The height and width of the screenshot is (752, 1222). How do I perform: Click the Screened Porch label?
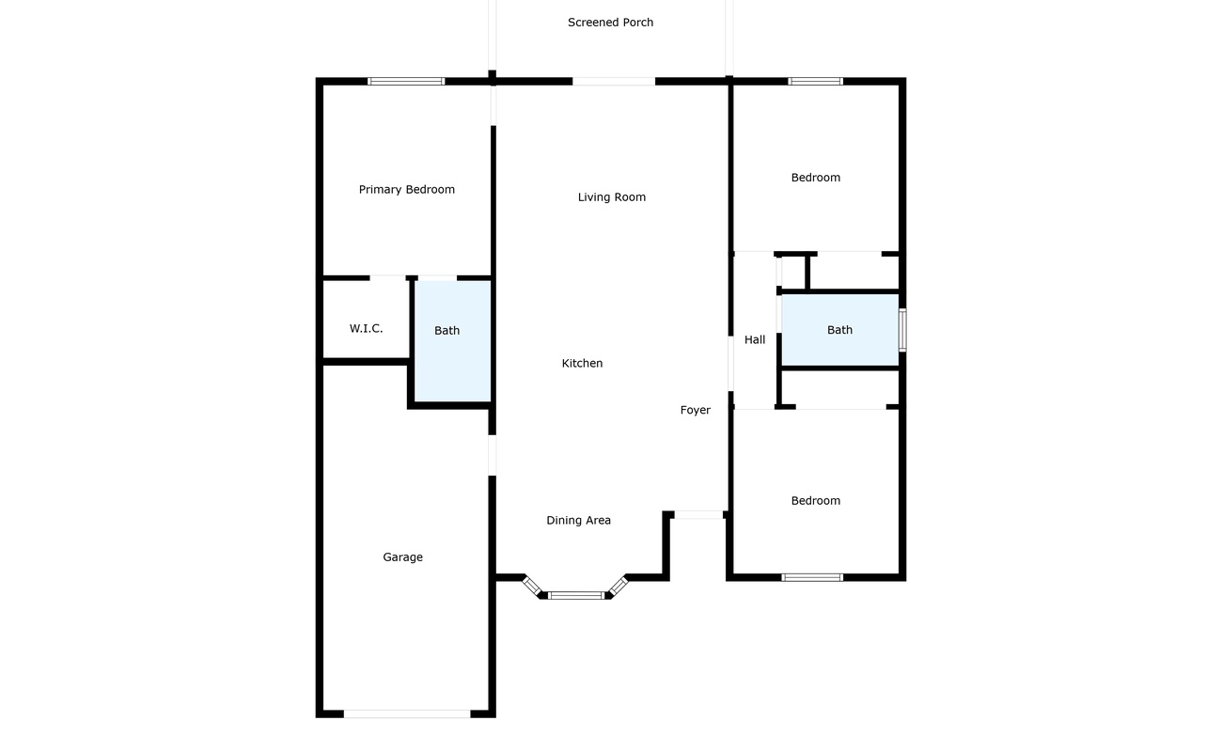coord(610,23)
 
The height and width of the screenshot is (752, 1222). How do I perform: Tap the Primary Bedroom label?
coord(406,190)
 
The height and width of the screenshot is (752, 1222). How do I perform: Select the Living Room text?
coord(611,197)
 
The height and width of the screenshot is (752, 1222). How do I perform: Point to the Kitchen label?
coord(582,364)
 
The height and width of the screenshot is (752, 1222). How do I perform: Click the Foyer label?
coord(695,411)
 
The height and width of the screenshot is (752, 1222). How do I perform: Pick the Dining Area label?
coord(578,521)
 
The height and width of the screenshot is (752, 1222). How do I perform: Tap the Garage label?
coord(402,557)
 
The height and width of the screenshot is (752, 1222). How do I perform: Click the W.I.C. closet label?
coord(366,329)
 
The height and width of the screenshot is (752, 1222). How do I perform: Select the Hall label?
coord(755,340)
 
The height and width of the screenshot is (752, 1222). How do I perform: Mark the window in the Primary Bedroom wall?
coord(406,82)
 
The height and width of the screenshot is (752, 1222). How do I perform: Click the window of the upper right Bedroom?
coord(815,82)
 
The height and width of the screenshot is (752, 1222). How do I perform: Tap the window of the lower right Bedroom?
coord(812,577)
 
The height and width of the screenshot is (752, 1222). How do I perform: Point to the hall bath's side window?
coord(902,330)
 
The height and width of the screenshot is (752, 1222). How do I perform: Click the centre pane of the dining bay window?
coord(575,595)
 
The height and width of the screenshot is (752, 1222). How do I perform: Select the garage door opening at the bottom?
coord(406,714)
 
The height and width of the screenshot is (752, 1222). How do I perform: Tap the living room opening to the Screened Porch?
coord(613,82)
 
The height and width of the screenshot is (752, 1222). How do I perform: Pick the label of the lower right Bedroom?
coord(815,501)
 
